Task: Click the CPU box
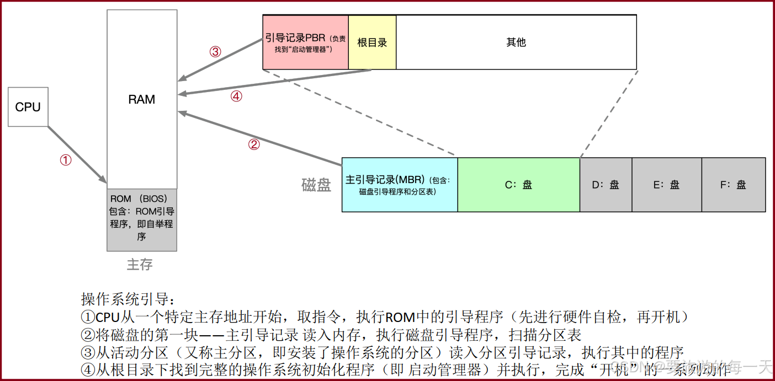click(x=28, y=107)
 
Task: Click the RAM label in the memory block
click(x=142, y=100)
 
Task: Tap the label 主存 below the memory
click(x=140, y=265)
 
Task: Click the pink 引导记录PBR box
click(x=305, y=42)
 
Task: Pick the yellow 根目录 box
click(x=372, y=42)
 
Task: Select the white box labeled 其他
click(x=516, y=42)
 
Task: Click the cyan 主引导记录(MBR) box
click(x=400, y=185)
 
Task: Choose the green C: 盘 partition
click(x=518, y=185)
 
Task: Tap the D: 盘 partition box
click(x=606, y=185)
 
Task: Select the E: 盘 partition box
click(x=666, y=185)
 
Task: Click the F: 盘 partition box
click(x=733, y=185)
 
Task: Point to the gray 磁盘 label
click(x=316, y=185)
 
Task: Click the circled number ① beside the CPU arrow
click(x=66, y=160)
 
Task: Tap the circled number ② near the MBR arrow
click(x=254, y=144)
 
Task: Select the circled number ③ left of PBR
click(x=215, y=52)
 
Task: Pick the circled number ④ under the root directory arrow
click(x=236, y=96)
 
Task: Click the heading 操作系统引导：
click(x=128, y=299)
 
